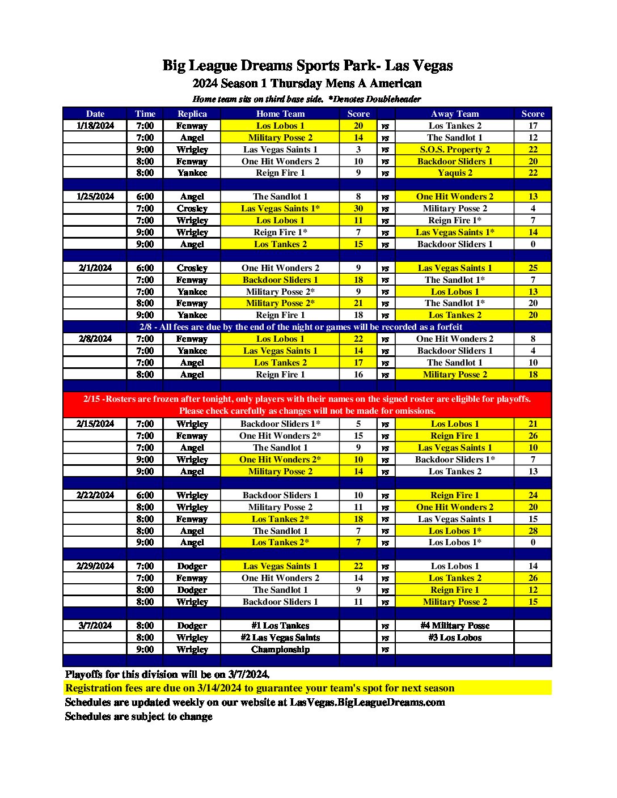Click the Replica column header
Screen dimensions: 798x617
(192, 113)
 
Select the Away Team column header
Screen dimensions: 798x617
(454, 113)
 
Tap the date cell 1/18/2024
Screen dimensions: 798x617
(95, 126)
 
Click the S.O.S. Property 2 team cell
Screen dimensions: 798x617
(454, 150)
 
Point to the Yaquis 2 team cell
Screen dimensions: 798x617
(454, 173)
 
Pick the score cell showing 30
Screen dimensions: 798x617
(358, 209)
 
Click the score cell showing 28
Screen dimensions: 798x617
(533, 531)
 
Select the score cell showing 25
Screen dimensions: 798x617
(533, 268)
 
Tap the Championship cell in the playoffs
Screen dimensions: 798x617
(280, 650)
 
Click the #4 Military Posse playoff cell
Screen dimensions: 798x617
(454, 626)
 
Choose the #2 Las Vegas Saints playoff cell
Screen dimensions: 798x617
(280, 638)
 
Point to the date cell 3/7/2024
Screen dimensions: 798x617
(95, 626)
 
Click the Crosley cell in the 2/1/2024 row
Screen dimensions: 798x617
(192, 268)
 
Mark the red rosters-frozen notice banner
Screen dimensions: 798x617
(307, 405)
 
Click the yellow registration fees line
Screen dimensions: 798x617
(260, 688)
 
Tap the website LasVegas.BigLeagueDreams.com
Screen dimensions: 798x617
(367, 702)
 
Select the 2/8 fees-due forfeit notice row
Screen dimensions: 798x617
(301, 327)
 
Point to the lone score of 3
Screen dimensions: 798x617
(358, 150)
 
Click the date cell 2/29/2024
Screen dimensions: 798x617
(95, 566)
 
